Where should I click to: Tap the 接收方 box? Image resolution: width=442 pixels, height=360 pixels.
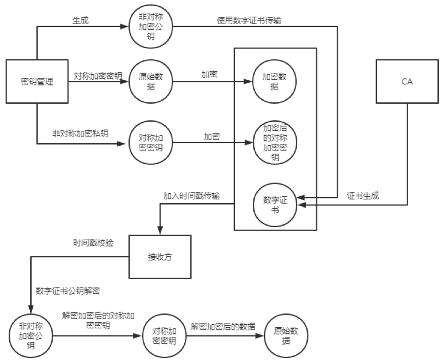[x=160, y=257]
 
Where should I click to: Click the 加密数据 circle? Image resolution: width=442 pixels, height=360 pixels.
[x=274, y=81]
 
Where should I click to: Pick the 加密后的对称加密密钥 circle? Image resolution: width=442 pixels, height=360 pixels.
[x=274, y=143]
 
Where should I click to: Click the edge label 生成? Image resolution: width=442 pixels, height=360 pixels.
[x=80, y=20]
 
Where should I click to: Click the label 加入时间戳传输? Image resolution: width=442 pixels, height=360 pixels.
[x=192, y=196]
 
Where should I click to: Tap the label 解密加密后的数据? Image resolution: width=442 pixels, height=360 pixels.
[x=223, y=326]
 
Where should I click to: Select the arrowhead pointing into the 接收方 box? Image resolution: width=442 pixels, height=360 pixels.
[x=160, y=232]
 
